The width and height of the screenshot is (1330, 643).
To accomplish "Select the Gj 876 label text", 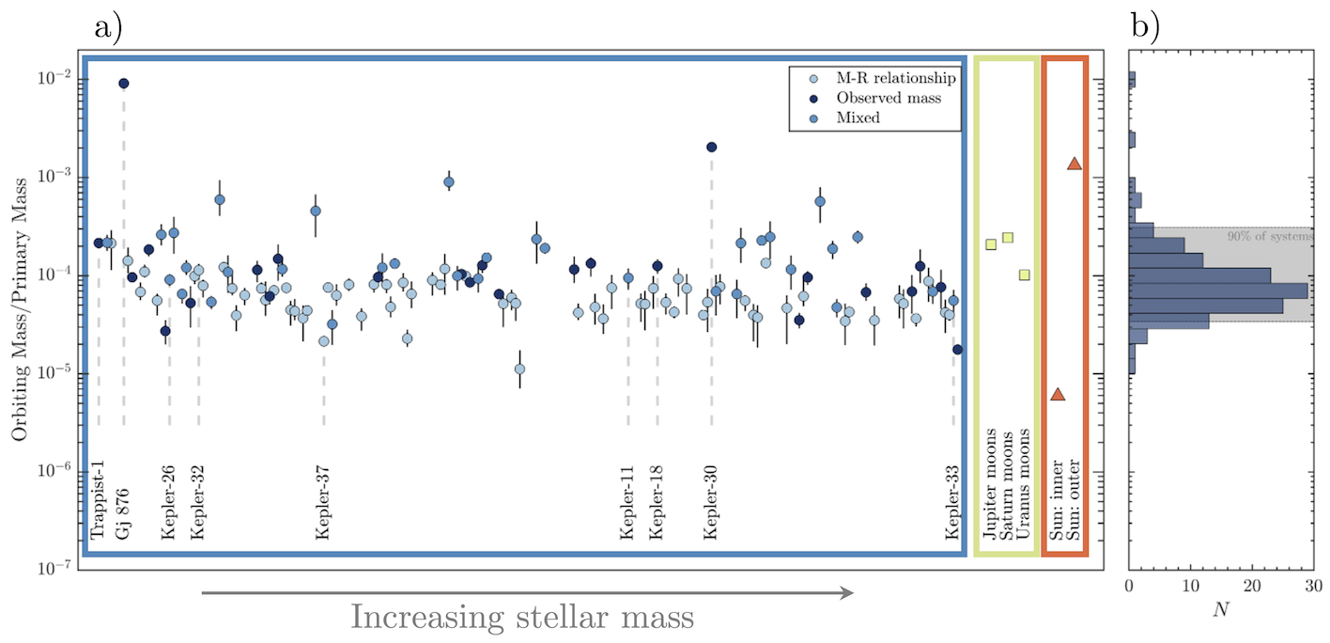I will point(123,513).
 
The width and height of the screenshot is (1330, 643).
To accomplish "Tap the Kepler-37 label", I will point(323,503).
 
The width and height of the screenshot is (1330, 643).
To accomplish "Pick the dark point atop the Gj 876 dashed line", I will point(123,84).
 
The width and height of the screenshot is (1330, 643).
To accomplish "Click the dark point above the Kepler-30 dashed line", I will point(711,147).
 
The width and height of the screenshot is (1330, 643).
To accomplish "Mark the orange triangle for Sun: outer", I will point(1075,164).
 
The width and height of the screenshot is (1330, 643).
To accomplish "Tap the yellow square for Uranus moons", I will point(1025,274).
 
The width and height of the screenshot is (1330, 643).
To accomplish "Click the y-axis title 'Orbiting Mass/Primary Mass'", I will point(19,309).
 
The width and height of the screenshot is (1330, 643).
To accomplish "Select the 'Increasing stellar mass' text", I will point(521,618).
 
